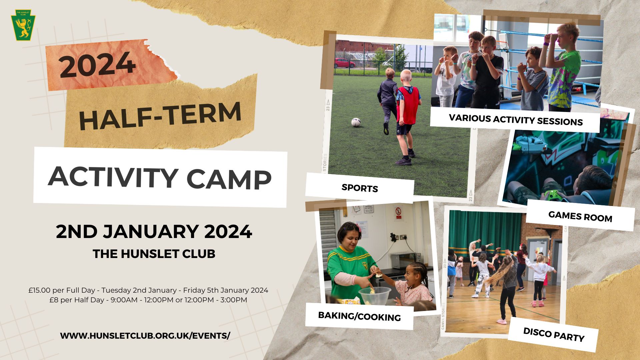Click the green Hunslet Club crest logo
pyautogui.click(x=23, y=25)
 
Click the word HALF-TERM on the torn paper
pyautogui.click(x=160, y=116)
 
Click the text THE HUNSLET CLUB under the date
pyautogui.click(x=154, y=254)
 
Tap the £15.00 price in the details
pyautogui.click(x=39, y=290)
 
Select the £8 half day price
pyautogui.click(x=54, y=300)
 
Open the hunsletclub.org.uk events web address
pyautogui.click(x=145, y=336)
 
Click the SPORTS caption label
pyautogui.click(x=360, y=188)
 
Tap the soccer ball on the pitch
pyautogui.click(x=356, y=122)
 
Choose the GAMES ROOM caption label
pyautogui.click(x=580, y=217)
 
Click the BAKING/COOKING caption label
pyautogui.click(x=359, y=316)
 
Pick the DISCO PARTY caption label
pyautogui.click(x=554, y=335)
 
